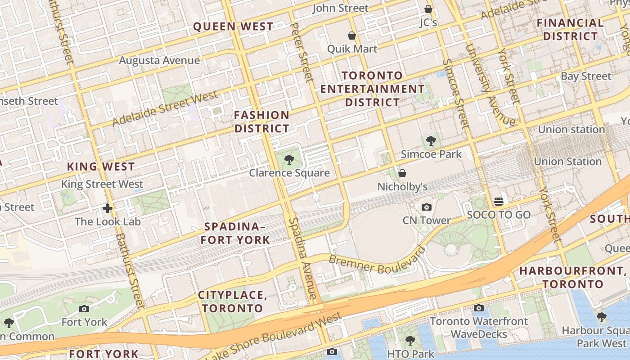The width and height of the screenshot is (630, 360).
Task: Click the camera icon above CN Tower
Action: click(426, 207)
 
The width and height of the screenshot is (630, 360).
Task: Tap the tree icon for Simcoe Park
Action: click(431, 141)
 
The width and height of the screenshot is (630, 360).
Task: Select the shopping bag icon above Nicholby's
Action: click(402, 173)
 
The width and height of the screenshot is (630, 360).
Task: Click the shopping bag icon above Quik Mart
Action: click(352, 36)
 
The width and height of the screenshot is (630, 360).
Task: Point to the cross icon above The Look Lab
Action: click(107, 208)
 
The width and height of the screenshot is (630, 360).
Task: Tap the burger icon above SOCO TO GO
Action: click(498, 201)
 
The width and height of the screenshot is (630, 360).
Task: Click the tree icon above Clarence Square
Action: click(289, 159)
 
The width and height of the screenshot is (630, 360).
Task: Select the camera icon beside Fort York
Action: click(84, 309)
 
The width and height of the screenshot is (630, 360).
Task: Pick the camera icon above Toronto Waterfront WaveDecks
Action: click(479, 308)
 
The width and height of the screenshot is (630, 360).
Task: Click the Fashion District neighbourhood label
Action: click(261, 122)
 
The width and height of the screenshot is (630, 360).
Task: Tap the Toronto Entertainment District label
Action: click(372, 89)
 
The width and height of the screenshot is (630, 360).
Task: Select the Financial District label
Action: click(570, 30)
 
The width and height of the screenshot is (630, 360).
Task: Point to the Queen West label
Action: click(233, 27)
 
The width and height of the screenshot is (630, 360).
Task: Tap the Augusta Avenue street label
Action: click(159, 60)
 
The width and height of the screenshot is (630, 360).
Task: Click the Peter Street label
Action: click(301, 53)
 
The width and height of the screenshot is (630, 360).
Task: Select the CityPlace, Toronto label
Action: click(233, 301)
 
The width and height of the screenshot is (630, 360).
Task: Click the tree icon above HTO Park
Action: click(410, 341)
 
